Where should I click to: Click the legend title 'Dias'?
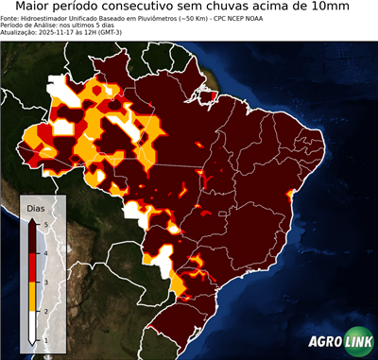(36, 206)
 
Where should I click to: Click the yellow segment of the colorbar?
(33, 296)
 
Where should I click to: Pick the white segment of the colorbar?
(33, 325)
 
